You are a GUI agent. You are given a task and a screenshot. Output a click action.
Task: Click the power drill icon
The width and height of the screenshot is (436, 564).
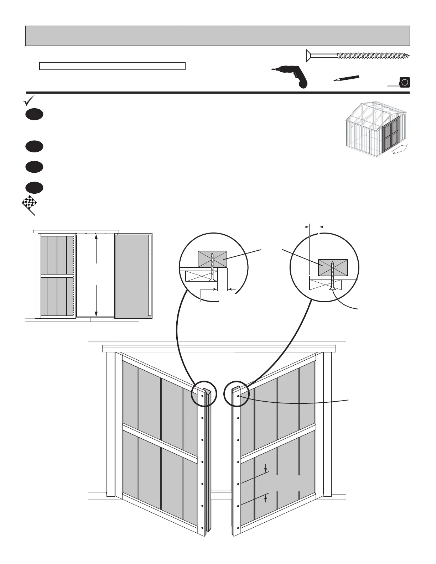(x=289, y=76)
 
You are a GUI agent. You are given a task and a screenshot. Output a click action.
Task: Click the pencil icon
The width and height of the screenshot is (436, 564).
(x=346, y=78)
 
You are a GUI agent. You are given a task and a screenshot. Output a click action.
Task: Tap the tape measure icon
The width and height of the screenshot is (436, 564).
(x=403, y=83)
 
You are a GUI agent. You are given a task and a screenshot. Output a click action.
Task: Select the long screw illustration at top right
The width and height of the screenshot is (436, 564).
(x=358, y=56)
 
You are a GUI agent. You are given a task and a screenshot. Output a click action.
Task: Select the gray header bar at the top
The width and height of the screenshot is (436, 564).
(x=217, y=36)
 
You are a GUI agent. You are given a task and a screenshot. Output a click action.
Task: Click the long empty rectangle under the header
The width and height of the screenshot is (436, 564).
(x=112, y=66)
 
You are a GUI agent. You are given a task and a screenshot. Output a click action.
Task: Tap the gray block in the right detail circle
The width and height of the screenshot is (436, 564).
(x=333, y=267)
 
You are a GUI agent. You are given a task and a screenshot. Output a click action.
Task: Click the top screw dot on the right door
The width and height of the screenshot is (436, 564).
(x=238, y=396)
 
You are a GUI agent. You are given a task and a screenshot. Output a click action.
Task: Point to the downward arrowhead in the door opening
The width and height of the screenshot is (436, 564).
(x=96, y=313)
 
